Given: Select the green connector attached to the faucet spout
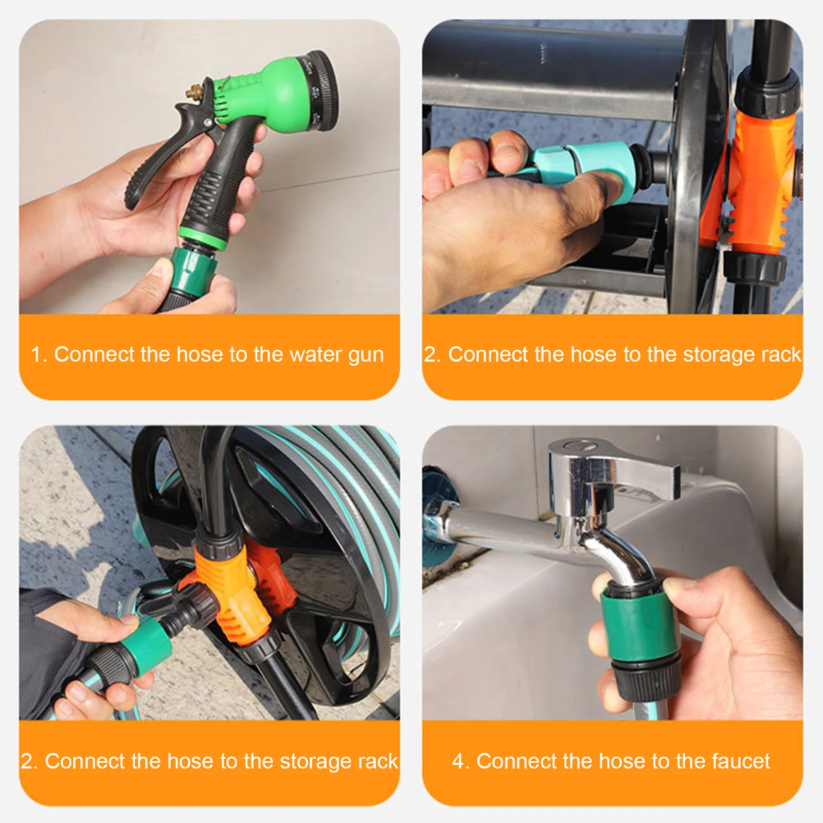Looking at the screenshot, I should click(640, 628).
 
